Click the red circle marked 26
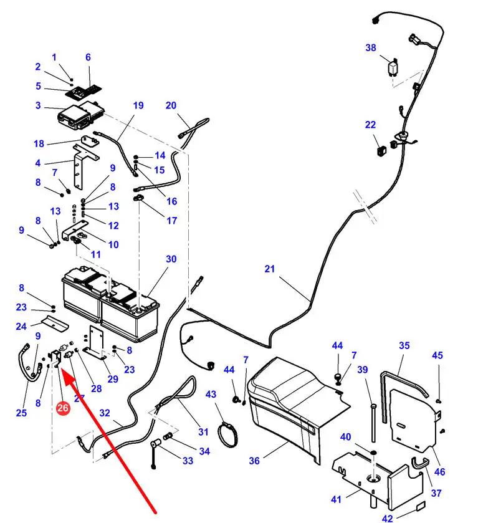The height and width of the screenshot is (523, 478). click(62, 408)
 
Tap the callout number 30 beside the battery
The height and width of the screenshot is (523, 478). click(171, 259)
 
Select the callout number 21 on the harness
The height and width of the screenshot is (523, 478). click(270, 269)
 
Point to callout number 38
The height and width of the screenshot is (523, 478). click(371, 47)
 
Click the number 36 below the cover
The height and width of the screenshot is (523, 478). click(254, 461)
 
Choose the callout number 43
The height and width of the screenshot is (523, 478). click(211, 395)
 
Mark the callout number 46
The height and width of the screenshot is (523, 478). click(440, 472)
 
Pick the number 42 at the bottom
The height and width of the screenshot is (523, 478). click(388, 517)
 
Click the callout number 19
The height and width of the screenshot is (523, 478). click(138, 105)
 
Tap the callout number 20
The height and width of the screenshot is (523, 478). click(171, 105)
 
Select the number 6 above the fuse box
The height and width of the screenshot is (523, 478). click(88, 57)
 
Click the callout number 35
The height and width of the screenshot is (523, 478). click(404, 345)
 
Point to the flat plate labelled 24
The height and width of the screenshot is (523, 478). click(52, 324)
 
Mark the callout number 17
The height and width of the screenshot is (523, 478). click(172, 221)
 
